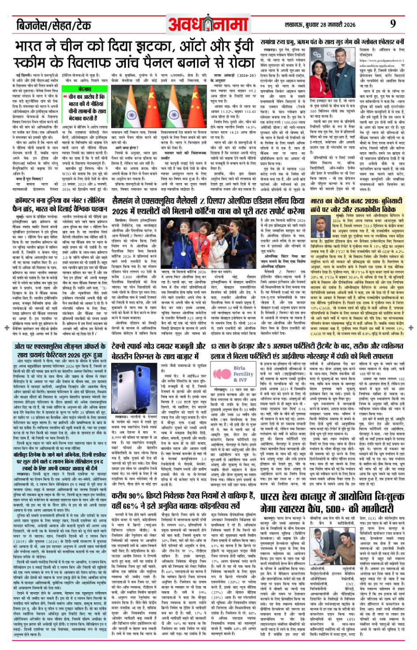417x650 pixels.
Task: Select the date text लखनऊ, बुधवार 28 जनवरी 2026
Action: [x=326, y=25]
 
